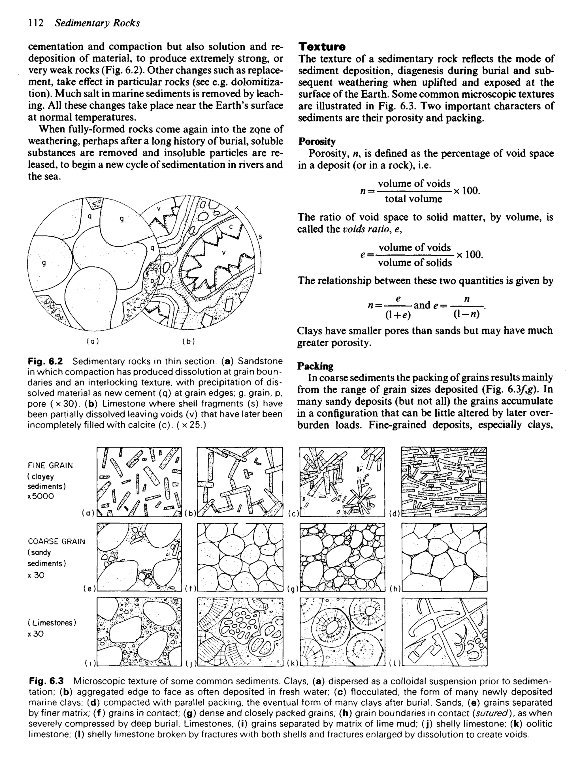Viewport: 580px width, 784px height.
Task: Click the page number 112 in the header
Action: click(36, 23)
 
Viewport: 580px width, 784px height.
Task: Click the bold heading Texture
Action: click(322, 47)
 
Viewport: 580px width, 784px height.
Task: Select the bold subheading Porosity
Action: click(317, 141)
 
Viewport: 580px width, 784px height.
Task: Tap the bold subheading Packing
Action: click(315, 366)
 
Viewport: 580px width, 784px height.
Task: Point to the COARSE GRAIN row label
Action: click(56, 541)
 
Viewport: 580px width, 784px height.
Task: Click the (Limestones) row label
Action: click(52, 623)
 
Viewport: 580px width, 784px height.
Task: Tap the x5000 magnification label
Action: click(41, 496)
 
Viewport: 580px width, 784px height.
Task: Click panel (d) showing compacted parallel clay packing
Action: click(444, 482)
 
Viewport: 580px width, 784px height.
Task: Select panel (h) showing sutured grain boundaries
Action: click(444, 557)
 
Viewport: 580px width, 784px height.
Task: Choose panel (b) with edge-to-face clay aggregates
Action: click(240, 482)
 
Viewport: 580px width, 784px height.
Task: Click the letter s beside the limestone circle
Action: click(260, 237)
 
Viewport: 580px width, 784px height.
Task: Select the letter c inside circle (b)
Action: click(231, 227)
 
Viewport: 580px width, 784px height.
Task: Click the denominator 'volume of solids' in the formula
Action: click(415, 263)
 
